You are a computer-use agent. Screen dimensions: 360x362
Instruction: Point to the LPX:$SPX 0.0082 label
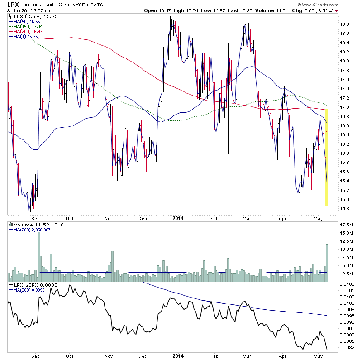pos(30,284)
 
